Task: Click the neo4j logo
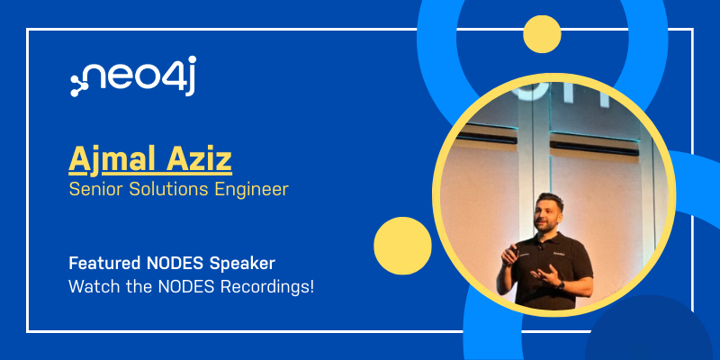point(132,76)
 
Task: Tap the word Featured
point(104,264)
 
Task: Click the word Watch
point(92,287)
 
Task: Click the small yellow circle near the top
point(542,34)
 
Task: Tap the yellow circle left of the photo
point(402,246)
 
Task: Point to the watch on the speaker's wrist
point(561,285)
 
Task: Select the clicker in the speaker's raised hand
point(513,252)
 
